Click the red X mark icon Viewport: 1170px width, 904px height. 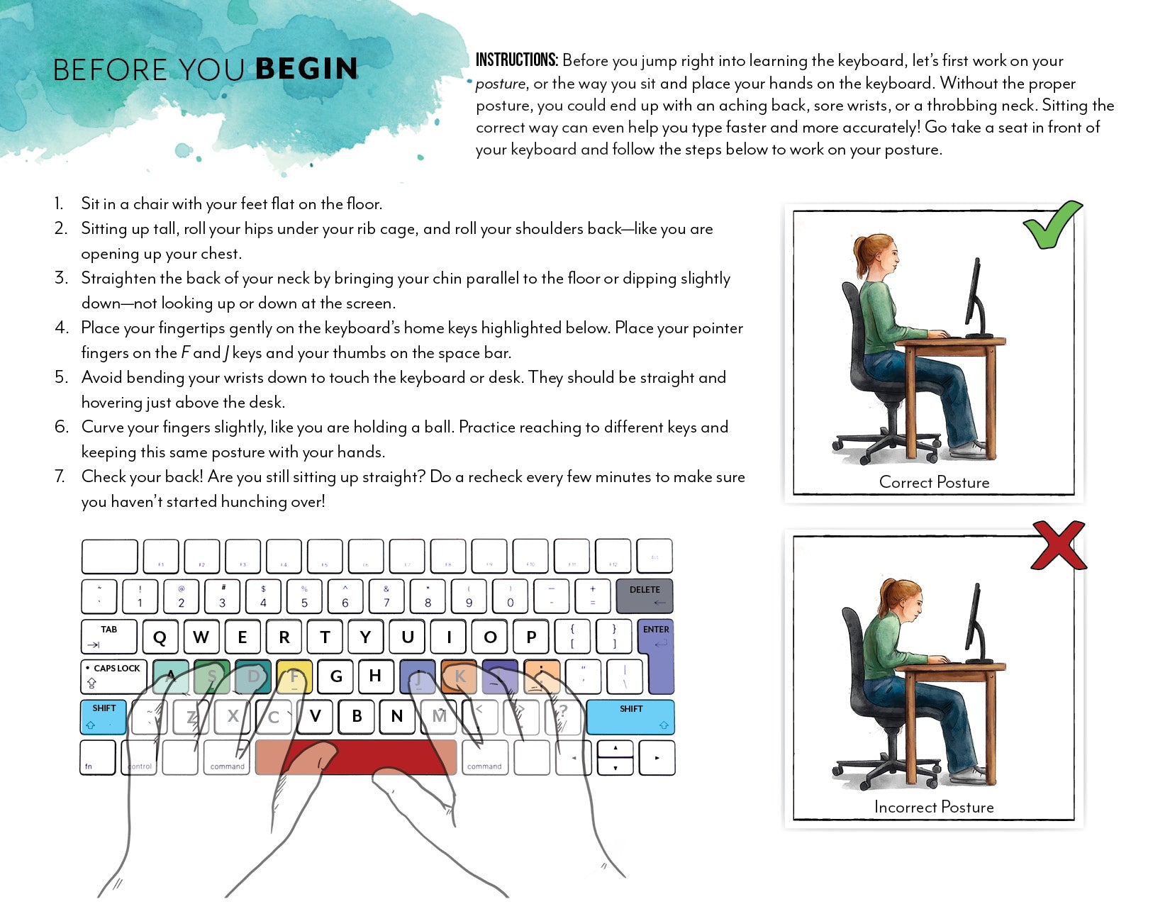click(x=1059, y=545)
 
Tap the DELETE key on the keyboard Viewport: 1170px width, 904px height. click(x=644, y=596)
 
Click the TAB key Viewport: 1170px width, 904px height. click(x=108, y=637)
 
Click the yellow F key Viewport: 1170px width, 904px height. click(x=294, y=676)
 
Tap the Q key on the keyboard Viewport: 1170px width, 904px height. click(x=160, y=637)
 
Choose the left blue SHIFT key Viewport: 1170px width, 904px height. click(x=104, y=717)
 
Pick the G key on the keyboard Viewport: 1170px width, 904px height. click(x=336, y=676)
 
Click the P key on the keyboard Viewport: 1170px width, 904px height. click(x=531, y=637)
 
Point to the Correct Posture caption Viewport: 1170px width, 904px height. click(x=934, y=483)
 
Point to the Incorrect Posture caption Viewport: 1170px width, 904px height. click(x=934, y=808)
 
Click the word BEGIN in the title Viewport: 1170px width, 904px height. click(x=306, y=69)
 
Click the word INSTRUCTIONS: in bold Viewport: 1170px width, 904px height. click(x=517, y=60)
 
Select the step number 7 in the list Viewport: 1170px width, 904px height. click(x=60, y=476)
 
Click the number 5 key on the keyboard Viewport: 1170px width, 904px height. click(x=304, y=596)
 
